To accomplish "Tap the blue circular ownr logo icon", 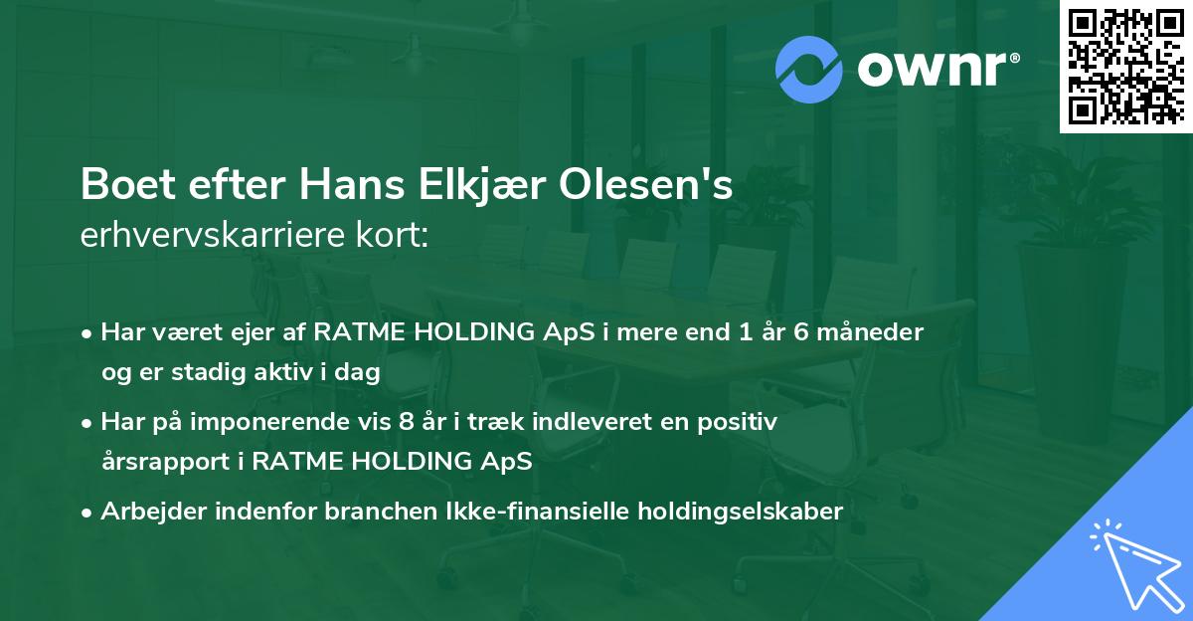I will (x=809, y=68).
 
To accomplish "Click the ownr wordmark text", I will (x=937, y=68).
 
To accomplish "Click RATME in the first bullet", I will (x=352, y=332).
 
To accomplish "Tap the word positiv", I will (x=741, y=422).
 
